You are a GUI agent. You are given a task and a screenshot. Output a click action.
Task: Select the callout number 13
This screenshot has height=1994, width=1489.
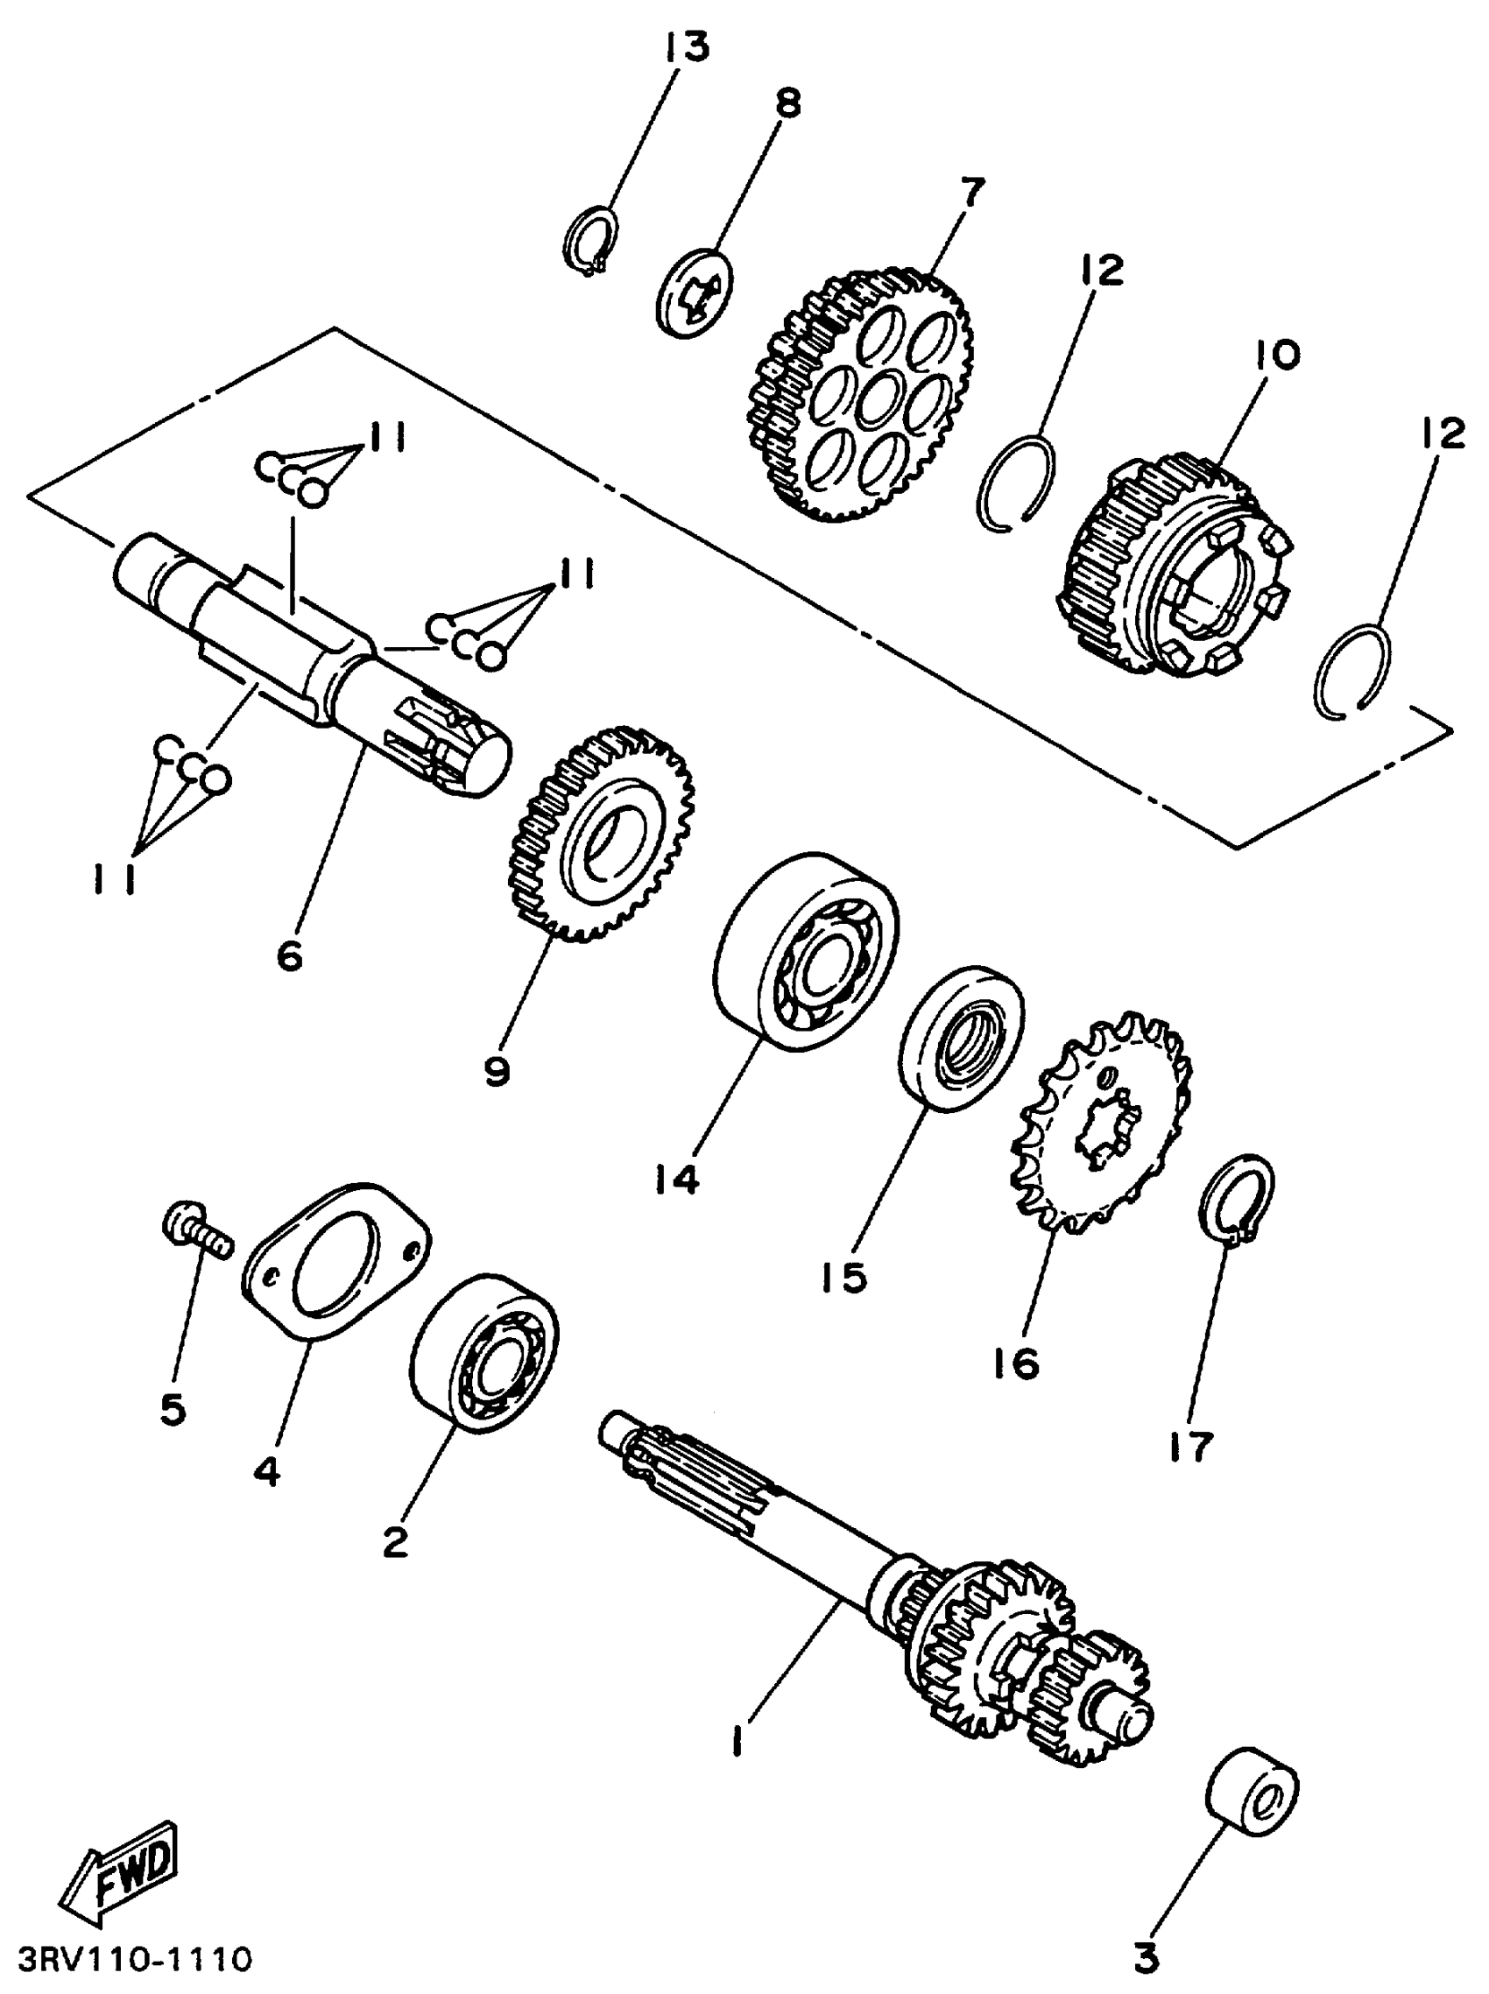tap(687, 48)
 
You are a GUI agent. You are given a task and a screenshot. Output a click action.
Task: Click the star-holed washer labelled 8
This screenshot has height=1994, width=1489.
tap(695, 291)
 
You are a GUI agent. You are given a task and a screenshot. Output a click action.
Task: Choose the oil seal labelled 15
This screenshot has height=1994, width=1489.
tap(962, 1038)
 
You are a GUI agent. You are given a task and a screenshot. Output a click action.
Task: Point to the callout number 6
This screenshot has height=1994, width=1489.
tap(289, 956)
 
